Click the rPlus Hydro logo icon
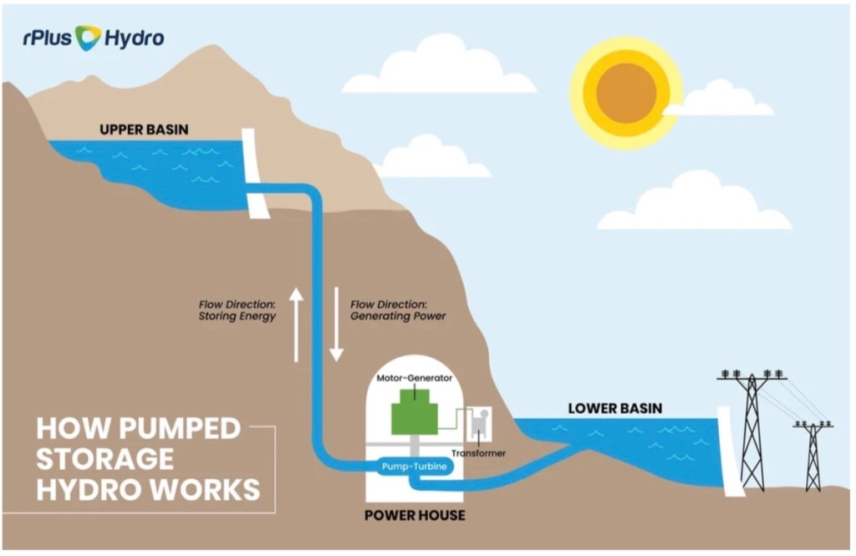pyautogui.click(x=88, y=37)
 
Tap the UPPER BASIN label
pyautogui.click(x=144, y=130)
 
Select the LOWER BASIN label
pyautogui.click(x=614, y=409)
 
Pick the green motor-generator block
pyautogui.click(x=415, y=411)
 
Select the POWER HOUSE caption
pyautogui.click(x=415, y=515)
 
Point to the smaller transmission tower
pyautogui.click(x=813, y=455)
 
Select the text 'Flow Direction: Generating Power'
pyautogui.click(x=398, y=310)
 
